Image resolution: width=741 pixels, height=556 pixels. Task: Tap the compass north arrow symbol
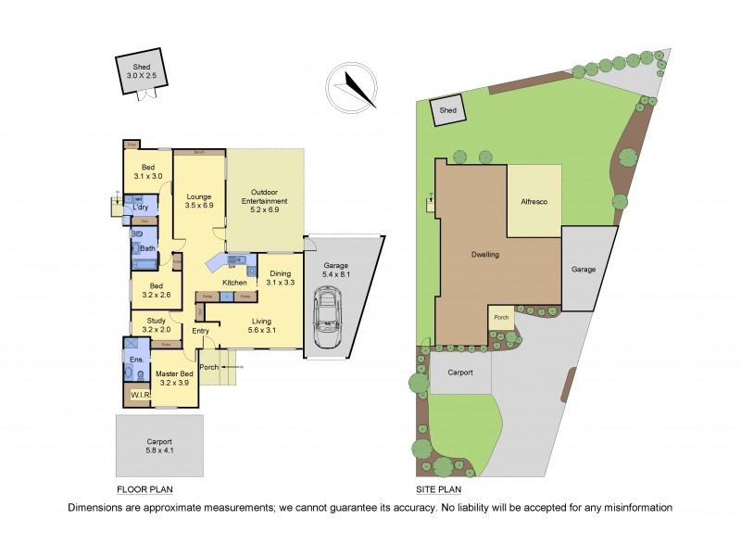pyautogui.click(x=350, y=85)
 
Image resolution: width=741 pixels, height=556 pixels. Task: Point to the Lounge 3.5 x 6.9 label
pyautogui.click(x=199, y=201)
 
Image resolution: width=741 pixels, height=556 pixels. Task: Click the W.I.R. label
pyautogui.click(x=140, y=397)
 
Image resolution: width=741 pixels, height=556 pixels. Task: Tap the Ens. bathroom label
pyautogui.click(x=134, y=359)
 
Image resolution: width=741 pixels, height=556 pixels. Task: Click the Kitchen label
pyautogui.click(x=234, y=282)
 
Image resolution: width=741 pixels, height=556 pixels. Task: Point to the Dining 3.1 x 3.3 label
pyautogui.click(x=280, y=278)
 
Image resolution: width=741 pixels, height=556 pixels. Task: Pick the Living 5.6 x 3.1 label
pyautogui.click(x=264, y=325)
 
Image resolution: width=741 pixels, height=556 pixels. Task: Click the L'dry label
pyautogui.click(x=140, y=207)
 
